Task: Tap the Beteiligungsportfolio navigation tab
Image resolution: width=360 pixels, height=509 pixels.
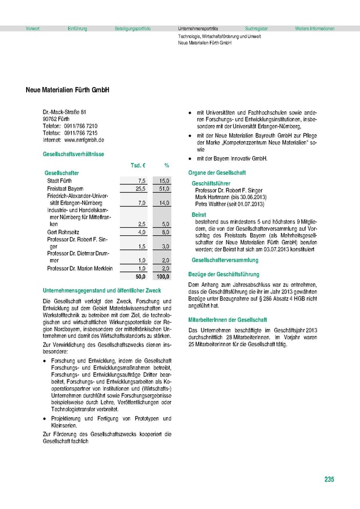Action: pyautogui.click(x=132, y=28)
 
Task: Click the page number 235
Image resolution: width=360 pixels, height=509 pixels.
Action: pyautogui.click(x=329, y=480)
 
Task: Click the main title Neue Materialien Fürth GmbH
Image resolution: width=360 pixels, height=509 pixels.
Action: pyautogui.click(x=67, y=90)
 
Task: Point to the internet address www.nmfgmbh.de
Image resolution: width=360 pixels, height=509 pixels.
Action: pyautogui.click(x=84, y=139)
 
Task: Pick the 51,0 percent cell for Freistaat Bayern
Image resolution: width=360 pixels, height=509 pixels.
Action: pyautogui.click(x=164, y=188)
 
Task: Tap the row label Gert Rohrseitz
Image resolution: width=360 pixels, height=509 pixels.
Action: pyautogui.click(x=64, y=232)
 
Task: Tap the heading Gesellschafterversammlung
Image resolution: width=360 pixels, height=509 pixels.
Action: pyautogui.click(x=225, y=260)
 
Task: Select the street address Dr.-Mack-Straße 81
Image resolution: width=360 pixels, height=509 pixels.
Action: pyautogui.click(x=65, y=112)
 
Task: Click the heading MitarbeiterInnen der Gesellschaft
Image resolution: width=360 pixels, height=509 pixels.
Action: pyautogui.click(x=228, y=320)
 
